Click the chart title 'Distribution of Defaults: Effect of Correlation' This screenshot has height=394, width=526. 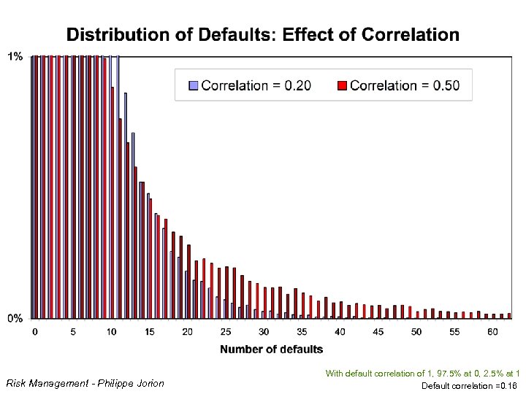pos(263,34)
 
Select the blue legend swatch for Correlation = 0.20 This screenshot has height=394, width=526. pos(194,85)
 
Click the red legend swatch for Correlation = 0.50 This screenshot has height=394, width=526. pos(342,85)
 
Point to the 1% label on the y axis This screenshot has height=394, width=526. pos(15,56)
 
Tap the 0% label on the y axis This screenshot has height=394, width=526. pos(15,318)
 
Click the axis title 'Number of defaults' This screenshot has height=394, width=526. pos(271,349)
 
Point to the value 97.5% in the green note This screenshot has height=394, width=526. pos(443,373)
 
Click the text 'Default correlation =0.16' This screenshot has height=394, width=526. pos(470,385)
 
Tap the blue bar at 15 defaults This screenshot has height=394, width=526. pos(148,256)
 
